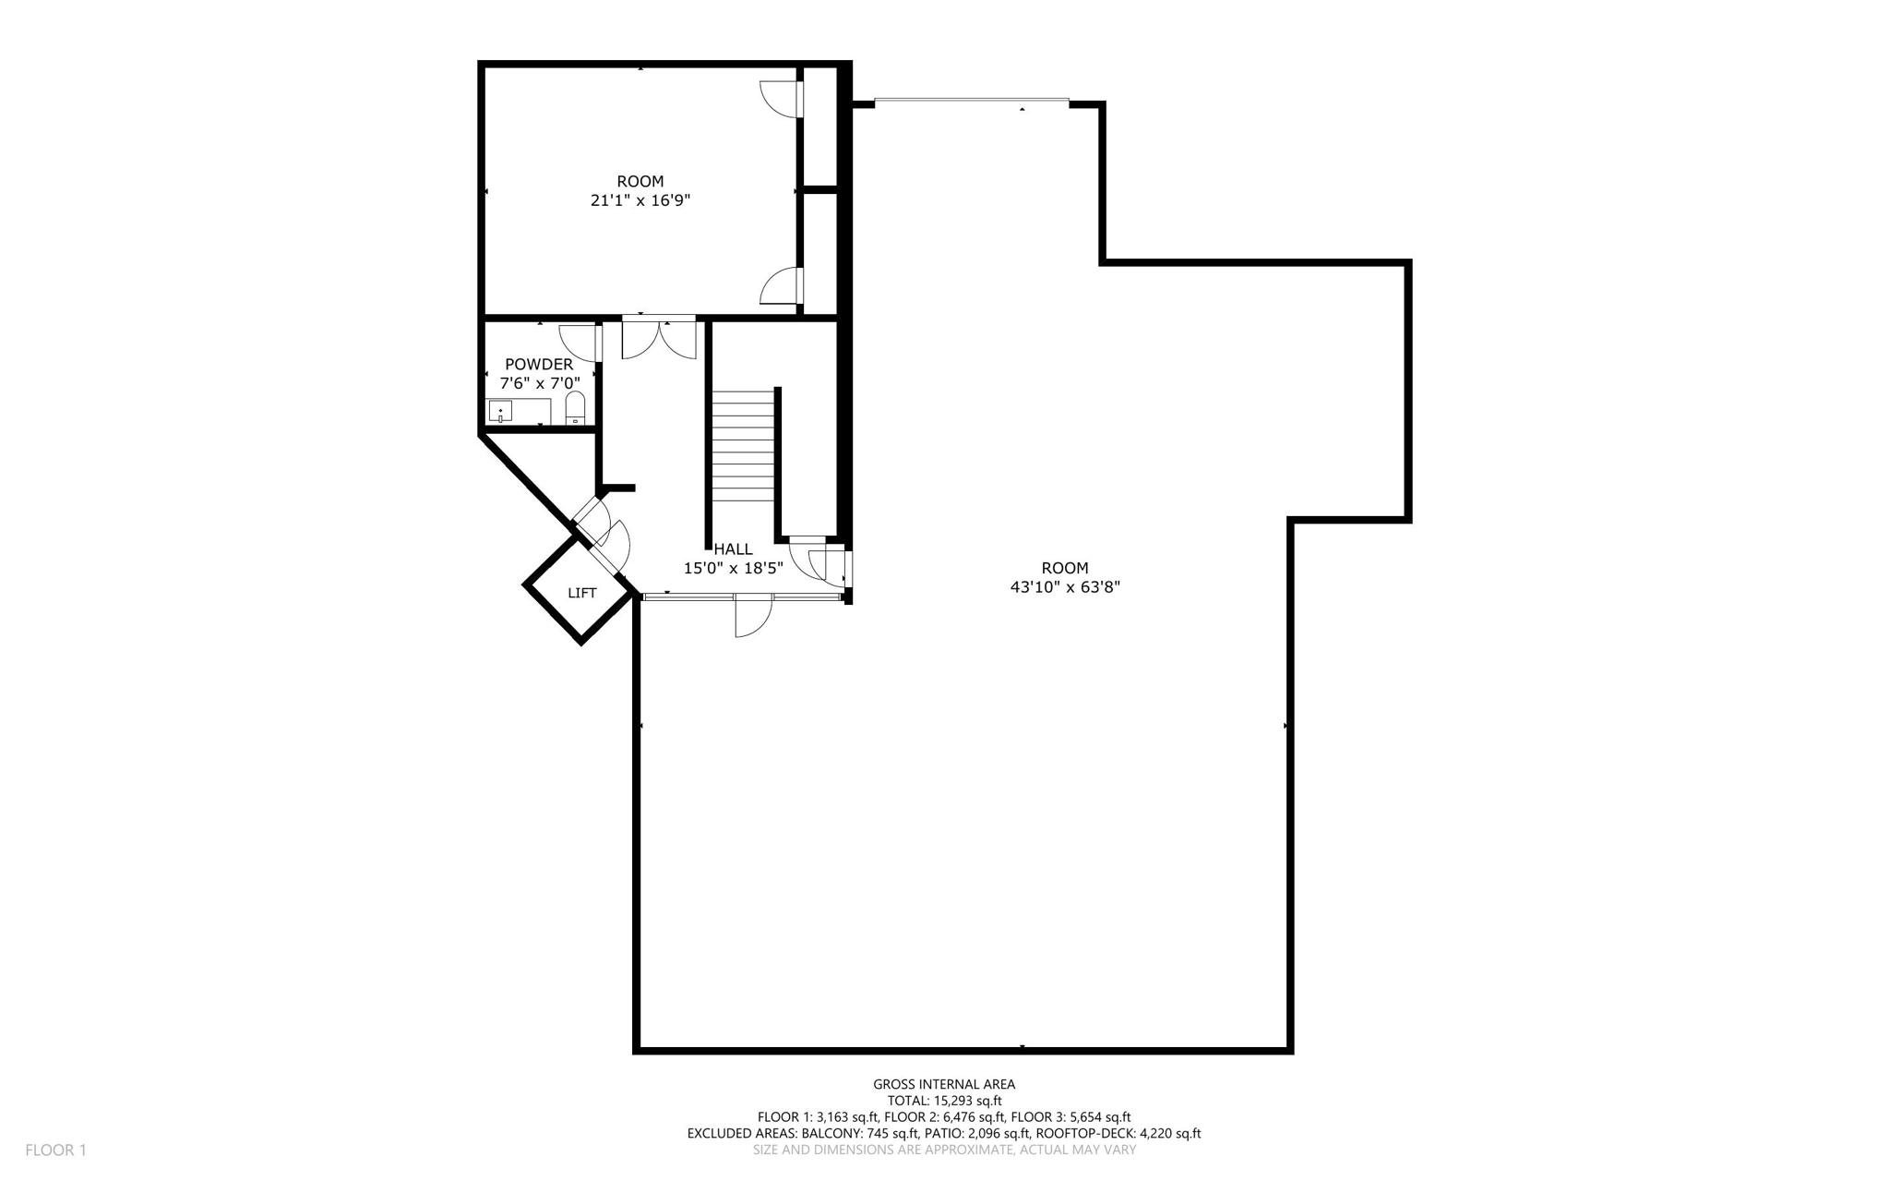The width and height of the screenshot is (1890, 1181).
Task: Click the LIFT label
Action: click(581, 593)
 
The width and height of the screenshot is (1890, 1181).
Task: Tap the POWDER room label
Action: click(539, 365)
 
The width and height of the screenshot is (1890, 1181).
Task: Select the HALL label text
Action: click(734, 549)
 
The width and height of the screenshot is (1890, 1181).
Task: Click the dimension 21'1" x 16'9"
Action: click(640, 200)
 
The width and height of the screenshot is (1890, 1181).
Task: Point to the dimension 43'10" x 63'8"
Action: click(1065, 586)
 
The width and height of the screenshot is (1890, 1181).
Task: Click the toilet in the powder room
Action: click(575, 408)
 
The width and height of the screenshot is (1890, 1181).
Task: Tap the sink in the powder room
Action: click(500, 411)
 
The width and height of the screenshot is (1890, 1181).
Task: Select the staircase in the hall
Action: click(742, 445)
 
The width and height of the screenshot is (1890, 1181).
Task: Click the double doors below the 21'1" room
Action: click(659, 338)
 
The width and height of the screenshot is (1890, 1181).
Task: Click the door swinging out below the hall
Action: click(752, 615)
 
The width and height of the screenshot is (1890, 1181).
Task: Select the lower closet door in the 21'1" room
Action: click(781, 285)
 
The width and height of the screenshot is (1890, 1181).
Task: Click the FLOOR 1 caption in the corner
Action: click(55, 1150)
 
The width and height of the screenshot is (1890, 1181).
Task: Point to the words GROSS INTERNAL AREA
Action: click(944, 1084)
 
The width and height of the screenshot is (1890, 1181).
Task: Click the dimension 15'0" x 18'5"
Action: click(733, 568)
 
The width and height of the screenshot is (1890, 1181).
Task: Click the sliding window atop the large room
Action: click(971, 101)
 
